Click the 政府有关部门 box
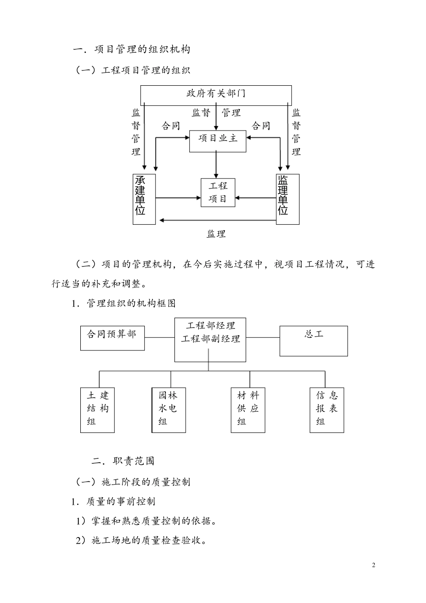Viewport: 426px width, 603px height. [x=216, y=94]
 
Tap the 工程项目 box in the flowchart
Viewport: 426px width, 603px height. [x=218, y=192]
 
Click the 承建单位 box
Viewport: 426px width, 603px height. [x=144, y=199]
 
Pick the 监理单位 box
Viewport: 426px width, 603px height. [x=287, y=199]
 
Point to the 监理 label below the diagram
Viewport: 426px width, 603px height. [x=216, y=234]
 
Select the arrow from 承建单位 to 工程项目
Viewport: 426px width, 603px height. [x=178, y=197]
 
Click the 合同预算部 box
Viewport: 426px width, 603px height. [x=112, y=338]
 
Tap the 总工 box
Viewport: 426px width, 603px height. [x=313, y=341]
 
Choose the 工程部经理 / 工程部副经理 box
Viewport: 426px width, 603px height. [x=210, y=340]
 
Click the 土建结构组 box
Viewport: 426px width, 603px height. [x=97, y=410]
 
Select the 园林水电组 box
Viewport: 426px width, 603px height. [x=169, y=410]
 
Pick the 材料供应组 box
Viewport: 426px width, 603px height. [x=248, y=410]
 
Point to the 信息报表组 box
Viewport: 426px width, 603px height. [x=326, y=410]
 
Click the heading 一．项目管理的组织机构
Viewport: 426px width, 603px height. [x=131, y=49]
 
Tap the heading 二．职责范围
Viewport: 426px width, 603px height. [x=123, y=461]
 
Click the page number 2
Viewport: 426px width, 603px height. [x=374, y=565]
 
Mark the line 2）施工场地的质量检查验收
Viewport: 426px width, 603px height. [x=141, y=541]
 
